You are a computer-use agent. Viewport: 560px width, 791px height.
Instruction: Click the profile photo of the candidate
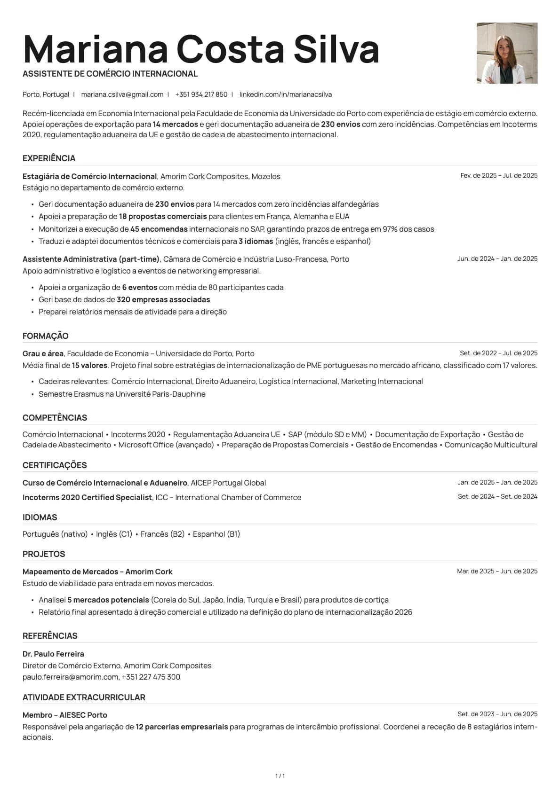[x=507, y=53]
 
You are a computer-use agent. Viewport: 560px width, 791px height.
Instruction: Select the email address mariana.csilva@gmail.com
[x=122, y=94]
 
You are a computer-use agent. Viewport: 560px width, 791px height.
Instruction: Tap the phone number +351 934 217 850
[x=201, y=94]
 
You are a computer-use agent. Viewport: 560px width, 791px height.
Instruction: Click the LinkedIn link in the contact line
[x=285, y=94]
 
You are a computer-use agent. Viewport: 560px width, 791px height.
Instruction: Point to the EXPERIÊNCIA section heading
[x=49, y=158]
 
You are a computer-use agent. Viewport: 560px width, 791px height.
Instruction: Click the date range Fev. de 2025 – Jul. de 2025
[x=498, y=175]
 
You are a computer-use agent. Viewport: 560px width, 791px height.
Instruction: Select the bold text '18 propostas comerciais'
[x=163, y=217]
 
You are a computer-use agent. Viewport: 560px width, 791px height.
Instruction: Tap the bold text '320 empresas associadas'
[x=163, y=299]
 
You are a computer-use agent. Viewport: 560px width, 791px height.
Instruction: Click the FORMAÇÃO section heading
[x=46, y=336]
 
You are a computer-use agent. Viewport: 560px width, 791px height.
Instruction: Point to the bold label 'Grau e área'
[x=43, y=353]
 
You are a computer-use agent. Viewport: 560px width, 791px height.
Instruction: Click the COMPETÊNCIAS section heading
[x=55, y=418]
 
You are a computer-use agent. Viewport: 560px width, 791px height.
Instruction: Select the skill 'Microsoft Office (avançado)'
[x=166, y=445]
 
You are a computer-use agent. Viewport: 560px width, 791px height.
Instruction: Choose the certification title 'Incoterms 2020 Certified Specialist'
[x=87, y=497]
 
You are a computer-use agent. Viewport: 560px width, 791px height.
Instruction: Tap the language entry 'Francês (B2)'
[x=162, y=534]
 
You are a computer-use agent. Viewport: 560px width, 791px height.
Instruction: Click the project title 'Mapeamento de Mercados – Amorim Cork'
[x=97, y=572]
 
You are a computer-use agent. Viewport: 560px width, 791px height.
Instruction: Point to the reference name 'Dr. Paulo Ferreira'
[x=53, y=654]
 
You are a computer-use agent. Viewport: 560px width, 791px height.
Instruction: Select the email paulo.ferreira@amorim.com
[x=70, y=677]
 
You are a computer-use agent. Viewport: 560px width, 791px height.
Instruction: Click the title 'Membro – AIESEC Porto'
[x=65, y=715]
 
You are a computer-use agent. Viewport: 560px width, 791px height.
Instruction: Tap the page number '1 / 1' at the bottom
[x=280, y=776]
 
